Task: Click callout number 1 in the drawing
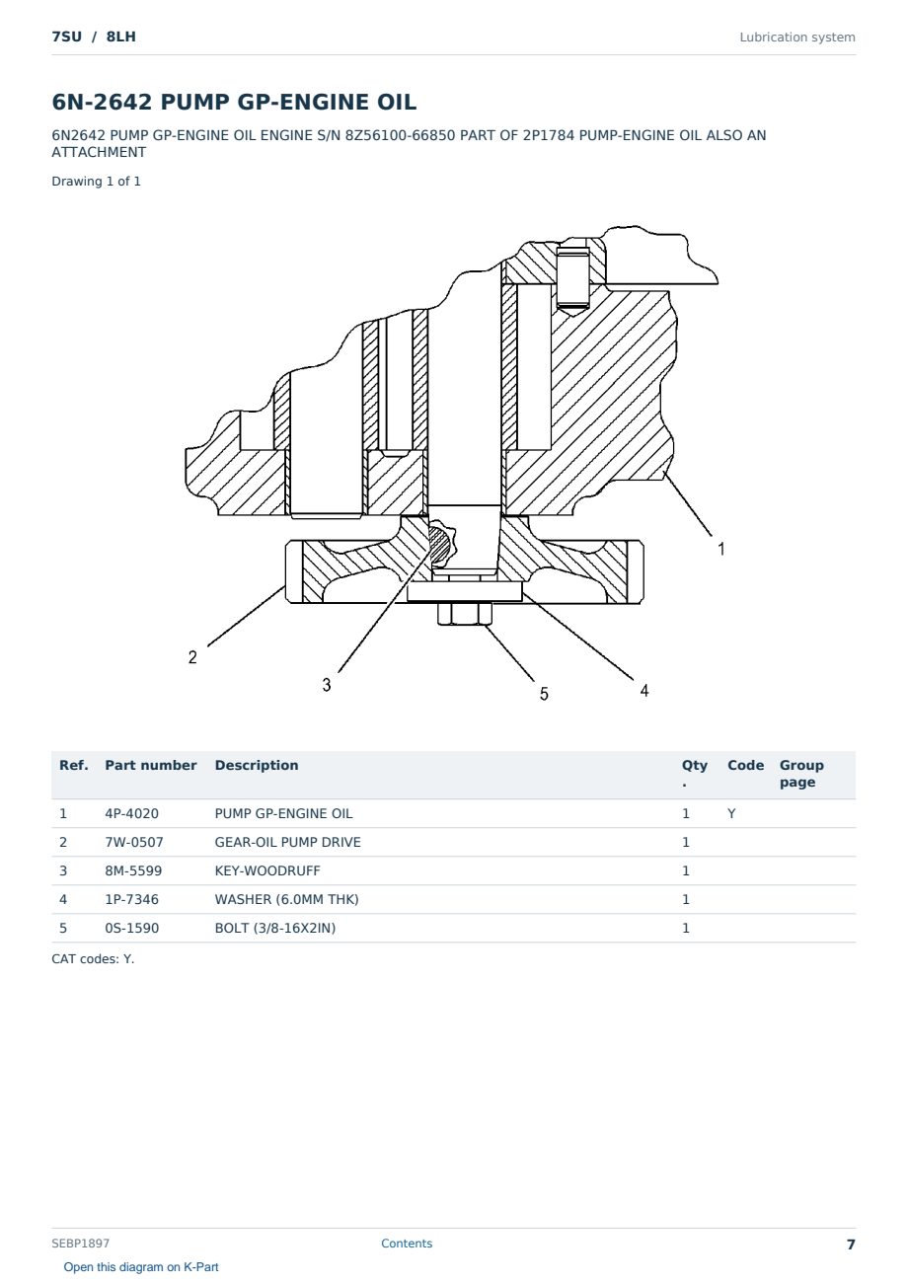pyautogui.click(x=721, y=549)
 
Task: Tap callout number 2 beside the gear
pyautogui.click(x=192, y=657)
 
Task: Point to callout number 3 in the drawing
pyautogui.click(x=327, y=685)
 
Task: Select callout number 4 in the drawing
pyautogui.click(x=644, y=691)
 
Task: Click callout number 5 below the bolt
pyautogui.click(x=544, y=694)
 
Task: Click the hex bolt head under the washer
pyautogui.click(x=465, y=614)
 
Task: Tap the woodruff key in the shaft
pyautogui.click(x=442, y=544)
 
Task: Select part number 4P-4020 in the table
pyautogui.click(x=131, y=813)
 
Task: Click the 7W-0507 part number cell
pyautogui.click(x=134, y=842)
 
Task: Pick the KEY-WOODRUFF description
pyautogui.click(x=266, y=870)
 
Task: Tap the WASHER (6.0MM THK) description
pyautogui.click(x=286, y=899)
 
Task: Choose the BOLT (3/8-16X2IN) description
pyautogui.click(x=275, y=928)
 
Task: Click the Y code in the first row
pyautogui.click(x=731, y=813)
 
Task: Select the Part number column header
pyautogui.click(x=151, y=765)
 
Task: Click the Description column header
pyautogui.click(x=256, y=765)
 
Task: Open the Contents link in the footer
pyautogui.click(x=407, y=1244)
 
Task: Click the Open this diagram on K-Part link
pyautogui.click(x=141, y=1267)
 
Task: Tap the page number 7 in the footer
pyautogui.click(x=851, y=1245)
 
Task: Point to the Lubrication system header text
pyautogui.click(x=797, y=38)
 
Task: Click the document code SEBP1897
pyautogui.click(x=80, y=1244)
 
